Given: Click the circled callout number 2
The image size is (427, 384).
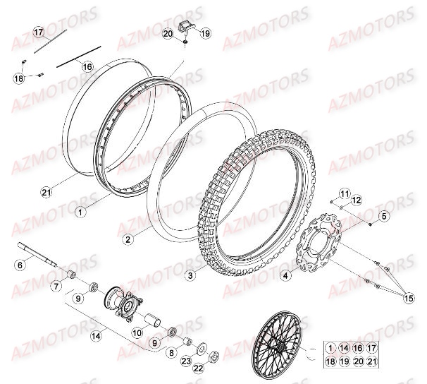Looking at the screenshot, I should [x=128, y=239].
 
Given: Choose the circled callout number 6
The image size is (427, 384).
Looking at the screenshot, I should [x=20, y=265].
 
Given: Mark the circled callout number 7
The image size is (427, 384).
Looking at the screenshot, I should [x=55, y=286].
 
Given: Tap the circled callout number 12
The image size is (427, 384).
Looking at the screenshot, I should [x=357, y=201].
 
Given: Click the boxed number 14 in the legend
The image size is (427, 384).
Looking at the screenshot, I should [x=344, y=347].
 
